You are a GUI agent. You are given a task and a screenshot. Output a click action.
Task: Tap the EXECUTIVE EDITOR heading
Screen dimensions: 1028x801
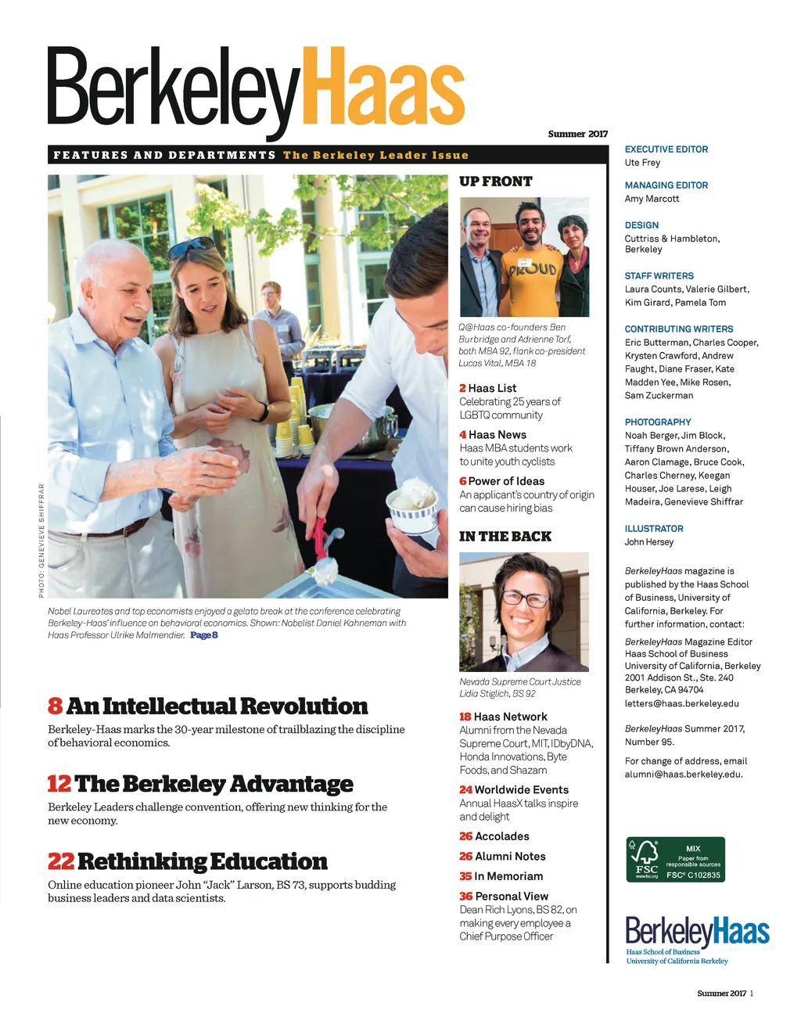666,149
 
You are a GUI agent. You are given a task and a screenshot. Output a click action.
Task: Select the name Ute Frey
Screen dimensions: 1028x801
642,163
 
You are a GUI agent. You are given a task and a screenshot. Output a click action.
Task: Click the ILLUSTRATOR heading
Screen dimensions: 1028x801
654,529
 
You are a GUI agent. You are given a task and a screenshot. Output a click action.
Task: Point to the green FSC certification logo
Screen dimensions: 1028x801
675,860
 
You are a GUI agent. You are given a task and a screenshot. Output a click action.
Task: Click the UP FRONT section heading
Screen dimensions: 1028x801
495,182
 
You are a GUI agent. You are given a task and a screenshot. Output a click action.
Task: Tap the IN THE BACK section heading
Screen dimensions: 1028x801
505,537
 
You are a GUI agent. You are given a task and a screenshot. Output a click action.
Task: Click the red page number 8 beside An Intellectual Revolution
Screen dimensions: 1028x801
55,706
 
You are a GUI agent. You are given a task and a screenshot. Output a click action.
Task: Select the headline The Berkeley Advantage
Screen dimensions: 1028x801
214,784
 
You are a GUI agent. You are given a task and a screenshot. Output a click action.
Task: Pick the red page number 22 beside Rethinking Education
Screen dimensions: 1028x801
60,862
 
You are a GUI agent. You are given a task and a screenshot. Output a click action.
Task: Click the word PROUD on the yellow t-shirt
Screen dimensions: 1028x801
533,271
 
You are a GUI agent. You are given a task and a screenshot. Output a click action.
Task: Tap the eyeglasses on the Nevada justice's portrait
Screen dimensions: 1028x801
525,599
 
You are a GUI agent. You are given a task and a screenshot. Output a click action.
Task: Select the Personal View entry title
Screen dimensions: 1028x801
511,897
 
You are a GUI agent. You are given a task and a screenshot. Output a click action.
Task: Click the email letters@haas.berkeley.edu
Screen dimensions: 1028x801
681,703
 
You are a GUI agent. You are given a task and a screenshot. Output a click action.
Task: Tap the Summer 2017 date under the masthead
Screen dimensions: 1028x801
577,134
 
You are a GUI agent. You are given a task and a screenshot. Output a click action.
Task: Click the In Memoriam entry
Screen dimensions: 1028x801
508,876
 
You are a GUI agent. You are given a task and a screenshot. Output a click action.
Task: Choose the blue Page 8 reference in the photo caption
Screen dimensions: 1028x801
203,635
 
